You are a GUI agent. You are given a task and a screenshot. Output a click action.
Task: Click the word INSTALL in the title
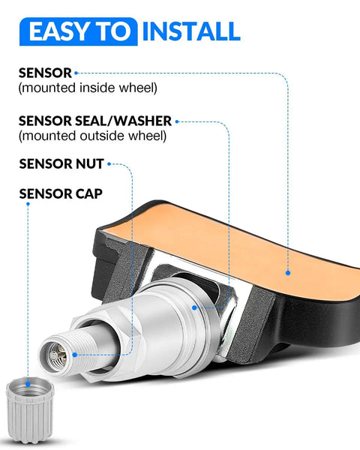[191, 31]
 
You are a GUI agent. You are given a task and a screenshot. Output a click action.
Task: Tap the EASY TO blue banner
[78, 31]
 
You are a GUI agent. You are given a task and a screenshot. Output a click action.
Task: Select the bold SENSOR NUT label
[61, 163]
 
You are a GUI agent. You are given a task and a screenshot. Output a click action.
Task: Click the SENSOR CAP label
[61, 193]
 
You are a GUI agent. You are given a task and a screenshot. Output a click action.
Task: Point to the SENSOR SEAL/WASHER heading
[95, 121]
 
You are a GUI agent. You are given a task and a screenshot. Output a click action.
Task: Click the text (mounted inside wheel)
[88, 88]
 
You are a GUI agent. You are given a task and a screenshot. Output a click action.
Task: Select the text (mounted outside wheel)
[92, 136]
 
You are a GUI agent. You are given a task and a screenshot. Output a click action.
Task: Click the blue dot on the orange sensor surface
[288, 273]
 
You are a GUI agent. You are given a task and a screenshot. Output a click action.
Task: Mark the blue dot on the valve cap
[28, 384]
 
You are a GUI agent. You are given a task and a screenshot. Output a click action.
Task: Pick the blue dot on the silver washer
[195, 307]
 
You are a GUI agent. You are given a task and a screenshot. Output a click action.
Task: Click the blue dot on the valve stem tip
[75, 355]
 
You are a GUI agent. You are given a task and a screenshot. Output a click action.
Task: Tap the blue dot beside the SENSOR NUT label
[109, 164]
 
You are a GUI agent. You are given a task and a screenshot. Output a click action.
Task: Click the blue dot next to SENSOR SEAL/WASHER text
[177, 121]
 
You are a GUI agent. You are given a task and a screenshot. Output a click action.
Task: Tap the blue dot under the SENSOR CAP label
[28, 204]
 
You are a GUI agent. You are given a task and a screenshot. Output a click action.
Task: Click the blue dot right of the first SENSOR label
[76, 73]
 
